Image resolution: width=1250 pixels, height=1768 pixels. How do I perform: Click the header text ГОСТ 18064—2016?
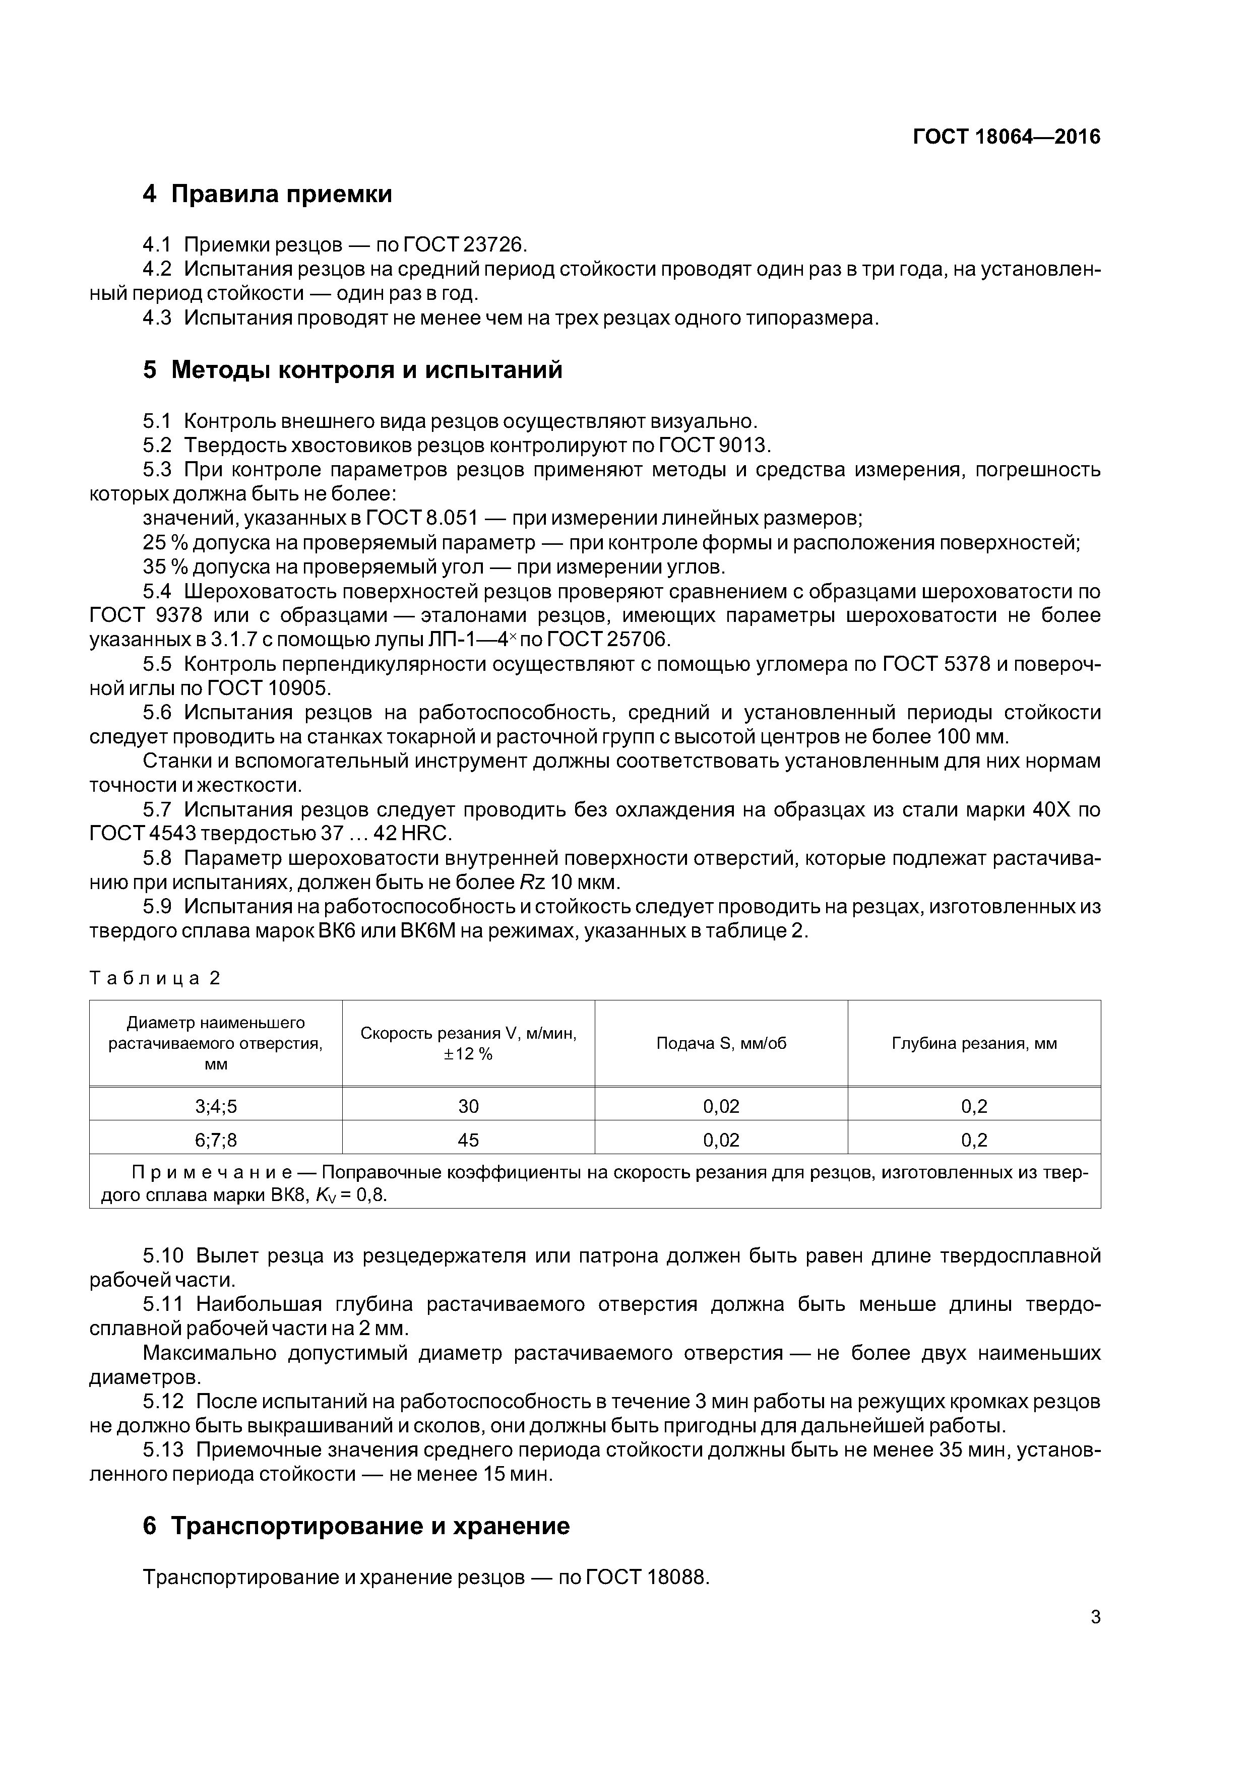(1006, 137)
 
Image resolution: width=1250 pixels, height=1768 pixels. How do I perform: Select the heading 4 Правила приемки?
(267, 194)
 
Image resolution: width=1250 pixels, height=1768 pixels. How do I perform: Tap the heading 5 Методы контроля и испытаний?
(353, 370)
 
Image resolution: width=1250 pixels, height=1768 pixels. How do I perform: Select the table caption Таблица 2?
(155, 978)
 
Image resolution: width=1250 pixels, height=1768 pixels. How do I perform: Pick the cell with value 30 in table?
(468, 1107)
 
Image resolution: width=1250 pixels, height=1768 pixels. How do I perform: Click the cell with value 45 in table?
(468, 1140)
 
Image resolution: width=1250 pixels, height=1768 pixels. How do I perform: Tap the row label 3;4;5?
(216, 1107)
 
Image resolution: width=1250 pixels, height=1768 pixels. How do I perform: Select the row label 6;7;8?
(216, 1140)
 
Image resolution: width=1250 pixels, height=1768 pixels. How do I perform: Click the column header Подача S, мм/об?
(721, 1043)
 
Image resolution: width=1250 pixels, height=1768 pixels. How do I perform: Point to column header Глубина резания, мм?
(974, 1043)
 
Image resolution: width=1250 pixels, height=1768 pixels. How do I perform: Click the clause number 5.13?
(162, 1450)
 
